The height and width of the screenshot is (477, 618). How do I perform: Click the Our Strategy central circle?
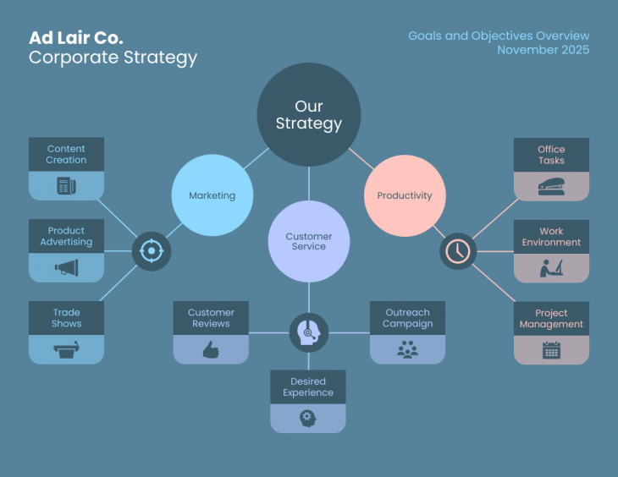(x=309, y=114)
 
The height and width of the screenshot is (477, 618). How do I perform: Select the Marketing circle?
(x=212, y=195)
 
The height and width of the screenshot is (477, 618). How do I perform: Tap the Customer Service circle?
(x=309, y=241)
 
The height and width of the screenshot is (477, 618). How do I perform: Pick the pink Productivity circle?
(x=405, y=195)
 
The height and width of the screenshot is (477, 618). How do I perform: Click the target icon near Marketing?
(x=152, y=251)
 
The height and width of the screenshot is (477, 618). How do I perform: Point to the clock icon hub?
(x=458, y=251)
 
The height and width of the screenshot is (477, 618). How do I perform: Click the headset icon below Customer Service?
(x=309, y=332)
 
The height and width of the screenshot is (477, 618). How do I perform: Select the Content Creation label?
(x=67, y=155)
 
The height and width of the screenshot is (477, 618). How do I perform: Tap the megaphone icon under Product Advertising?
(x=67, y=268)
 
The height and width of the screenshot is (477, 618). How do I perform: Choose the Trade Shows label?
(x=67, y=318)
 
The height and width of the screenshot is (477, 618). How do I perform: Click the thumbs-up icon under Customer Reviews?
(x=211, y=349)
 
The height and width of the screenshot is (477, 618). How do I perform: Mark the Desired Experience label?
(x=308, y=387)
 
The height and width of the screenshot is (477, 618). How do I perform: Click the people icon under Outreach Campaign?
(x=407, y=349)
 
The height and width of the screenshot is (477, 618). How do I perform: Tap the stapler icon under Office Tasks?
(x=551, y=187)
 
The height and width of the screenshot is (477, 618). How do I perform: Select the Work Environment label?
(x=551, y=237)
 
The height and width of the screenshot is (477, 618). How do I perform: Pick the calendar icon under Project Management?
(x=551, y=350)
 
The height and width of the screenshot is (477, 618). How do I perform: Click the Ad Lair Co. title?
(x=76, y=38)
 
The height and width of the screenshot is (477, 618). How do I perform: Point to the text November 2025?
(x=543, y=50)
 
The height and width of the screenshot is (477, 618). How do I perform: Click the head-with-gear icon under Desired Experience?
(x=307, y=418)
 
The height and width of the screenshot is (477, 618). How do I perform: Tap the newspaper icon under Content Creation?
(x=67, y=186)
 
